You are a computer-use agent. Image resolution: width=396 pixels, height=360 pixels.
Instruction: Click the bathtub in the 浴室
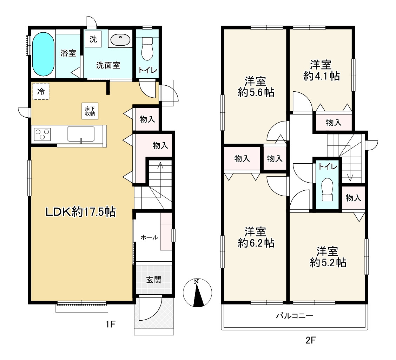pyautogui.click(x=43, y=54)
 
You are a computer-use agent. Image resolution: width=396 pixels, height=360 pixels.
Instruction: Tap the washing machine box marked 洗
pyautogui.click(x=93, y=39)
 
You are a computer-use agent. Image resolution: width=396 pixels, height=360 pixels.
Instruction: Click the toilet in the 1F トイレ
pyautogui.click(x=147, y=49)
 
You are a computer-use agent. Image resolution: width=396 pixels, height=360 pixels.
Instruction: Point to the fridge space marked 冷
pyautogui.click(x=41, y=91)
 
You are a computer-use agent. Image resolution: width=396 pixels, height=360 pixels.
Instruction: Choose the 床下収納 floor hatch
pyautogui.click(x=90, y=111)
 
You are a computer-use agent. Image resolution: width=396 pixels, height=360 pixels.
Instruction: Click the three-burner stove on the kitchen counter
pyautogui.click(x=42, y=134)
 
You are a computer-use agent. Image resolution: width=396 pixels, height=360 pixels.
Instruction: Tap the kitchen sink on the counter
pyautogui.click(x=81, y=134)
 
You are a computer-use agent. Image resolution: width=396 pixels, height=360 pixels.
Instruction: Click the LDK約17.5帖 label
pyautogui.click(x=80, y=212)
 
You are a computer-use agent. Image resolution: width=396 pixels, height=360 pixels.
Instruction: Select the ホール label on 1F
pyautogui.click(x=149, y=237)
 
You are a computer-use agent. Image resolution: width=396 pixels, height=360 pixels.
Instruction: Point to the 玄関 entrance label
pyautogui.click(x=154, y=280)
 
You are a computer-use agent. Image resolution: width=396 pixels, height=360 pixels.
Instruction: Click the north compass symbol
pyautogui.click(x=198, y=293)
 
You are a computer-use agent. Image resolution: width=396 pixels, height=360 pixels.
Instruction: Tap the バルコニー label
pyautogui.click(x=295, y=316)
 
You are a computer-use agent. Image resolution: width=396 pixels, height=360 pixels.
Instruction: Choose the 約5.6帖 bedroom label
pyautogui.click(x=256, y=87)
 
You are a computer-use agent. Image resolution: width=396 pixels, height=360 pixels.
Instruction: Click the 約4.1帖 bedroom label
pyautogui.click(x=321, y=70)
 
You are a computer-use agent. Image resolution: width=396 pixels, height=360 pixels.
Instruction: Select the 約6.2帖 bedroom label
pyautogui.click(x=256, y=237)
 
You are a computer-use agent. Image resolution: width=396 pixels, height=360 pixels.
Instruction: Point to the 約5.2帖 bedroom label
pyautogui.click(x=328, y=257)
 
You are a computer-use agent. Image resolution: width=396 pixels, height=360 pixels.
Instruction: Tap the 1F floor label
pyautogui.click(x=110, y=323)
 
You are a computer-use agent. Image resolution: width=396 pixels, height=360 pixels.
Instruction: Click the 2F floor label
pyautogui.click(x=310, y=340)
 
